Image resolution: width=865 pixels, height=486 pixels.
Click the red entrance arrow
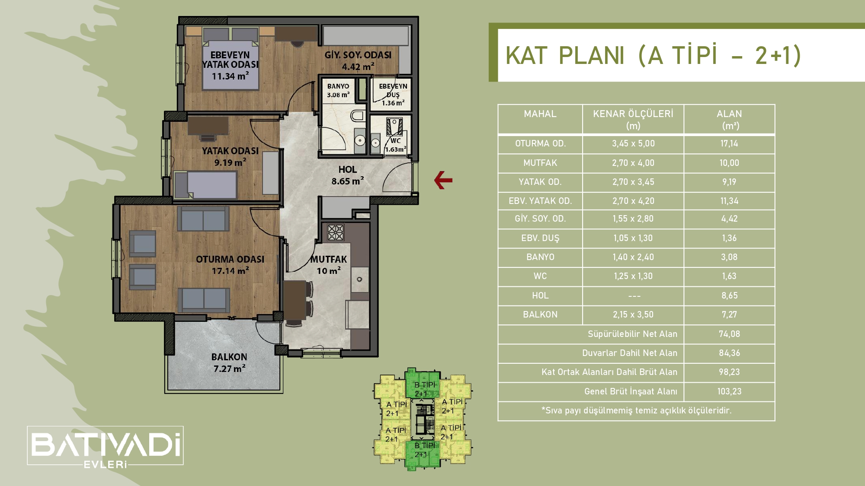[443, 180]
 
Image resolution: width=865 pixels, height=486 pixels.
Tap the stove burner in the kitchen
[336, 232]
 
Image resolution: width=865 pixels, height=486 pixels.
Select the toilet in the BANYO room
[358, 116]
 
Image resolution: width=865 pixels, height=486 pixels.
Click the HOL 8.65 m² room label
[348, 175]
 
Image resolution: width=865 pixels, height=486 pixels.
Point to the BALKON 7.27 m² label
[229, 363]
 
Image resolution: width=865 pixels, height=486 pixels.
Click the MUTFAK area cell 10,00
[729, 163]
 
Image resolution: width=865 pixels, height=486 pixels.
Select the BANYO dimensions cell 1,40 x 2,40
[633, 257]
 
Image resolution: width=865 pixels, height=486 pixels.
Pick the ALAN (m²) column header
[729, 120]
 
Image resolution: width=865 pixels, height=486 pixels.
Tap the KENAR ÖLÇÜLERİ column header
[633, 120]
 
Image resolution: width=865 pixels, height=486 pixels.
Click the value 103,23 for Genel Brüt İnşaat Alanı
[729, 391]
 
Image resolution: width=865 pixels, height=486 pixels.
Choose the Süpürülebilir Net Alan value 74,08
[729, 334]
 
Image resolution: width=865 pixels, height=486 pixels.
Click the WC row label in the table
[540, 276]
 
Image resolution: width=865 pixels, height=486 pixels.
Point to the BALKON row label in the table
[540, 315]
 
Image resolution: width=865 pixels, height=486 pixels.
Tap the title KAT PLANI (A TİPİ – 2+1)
[653, 55]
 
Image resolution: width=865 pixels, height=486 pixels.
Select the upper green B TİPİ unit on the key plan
[423, 384]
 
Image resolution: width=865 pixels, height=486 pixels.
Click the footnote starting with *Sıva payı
[636, 411]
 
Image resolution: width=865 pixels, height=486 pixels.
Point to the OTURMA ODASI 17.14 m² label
[230, 265]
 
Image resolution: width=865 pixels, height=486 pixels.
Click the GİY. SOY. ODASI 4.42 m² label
[358, 61]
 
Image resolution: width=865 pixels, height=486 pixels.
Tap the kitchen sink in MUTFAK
[359, 279]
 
